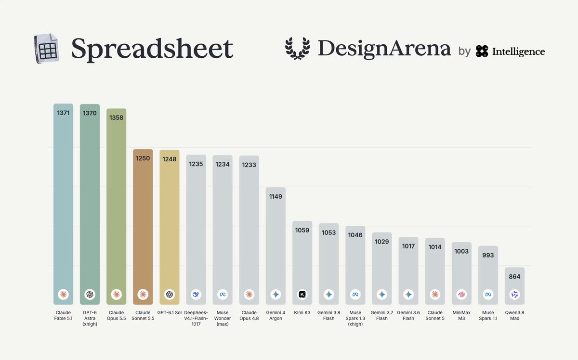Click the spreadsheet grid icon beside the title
[x=47, y=48]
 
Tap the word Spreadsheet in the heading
[x=152, y=49]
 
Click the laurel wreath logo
[x=298, y=49]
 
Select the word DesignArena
[x=384, y=49]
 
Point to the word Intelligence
[x=518, y=51]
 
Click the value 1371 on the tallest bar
[x=63, y=113]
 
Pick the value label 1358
[x=117, y=117]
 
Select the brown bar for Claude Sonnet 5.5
[x=143, y=227]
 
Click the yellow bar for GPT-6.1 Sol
[x=170, y=227]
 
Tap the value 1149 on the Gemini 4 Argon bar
[x=276, y=196]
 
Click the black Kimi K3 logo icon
[x=302, y=294]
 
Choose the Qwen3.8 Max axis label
[x=514, y=315]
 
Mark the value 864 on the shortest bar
[x=514, y=276]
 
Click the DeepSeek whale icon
[x=196, y=294]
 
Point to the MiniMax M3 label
[x=461, y=315]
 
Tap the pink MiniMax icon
[x=461, y=294]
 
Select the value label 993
[x=488, y=255]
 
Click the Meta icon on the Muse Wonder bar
[x=223, y=294]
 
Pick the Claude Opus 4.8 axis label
[x=249, y=315]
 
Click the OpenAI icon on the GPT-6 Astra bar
[x=90, y=294]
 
